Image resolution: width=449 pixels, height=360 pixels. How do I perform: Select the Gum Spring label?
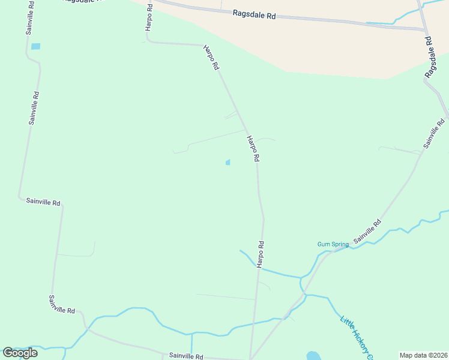[x=333, y=244]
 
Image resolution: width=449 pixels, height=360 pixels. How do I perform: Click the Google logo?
[x=20, y=352]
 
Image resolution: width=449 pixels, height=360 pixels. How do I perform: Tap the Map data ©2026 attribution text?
[x=423, y=355]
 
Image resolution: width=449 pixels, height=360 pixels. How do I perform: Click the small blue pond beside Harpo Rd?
[x=228, y=162]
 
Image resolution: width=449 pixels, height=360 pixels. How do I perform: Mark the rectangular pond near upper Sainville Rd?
[x=35, y=46]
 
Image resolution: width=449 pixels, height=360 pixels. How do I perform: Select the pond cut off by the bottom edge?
[x=313, y=356]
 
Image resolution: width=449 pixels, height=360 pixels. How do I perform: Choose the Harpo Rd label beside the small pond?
[x=253, y=148]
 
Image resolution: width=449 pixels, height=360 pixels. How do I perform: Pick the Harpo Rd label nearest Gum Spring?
[x=261, y=254]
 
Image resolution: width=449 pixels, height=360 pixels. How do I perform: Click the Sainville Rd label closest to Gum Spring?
[x=367, y=231]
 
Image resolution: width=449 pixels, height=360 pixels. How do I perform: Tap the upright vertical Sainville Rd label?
[x=34, y=107]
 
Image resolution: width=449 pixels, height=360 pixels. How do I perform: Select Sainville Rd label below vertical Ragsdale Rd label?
[x=433, y=133]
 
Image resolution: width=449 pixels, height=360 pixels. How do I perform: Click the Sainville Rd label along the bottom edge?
[x=186, y=356]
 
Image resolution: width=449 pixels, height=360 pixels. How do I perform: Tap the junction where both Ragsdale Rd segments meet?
[x=424, y=29]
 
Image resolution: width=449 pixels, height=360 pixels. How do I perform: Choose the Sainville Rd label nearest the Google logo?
[x=62, y=305]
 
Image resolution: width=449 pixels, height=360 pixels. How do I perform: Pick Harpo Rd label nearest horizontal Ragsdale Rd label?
[x=211, y=58]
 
